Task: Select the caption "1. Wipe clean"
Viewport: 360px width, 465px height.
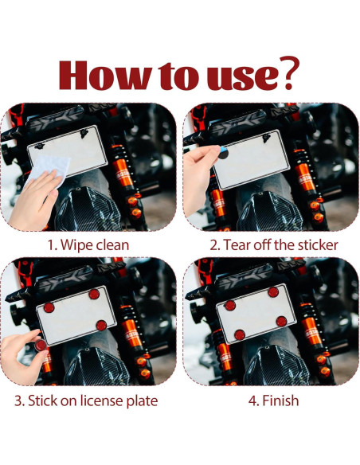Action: click(88, 245)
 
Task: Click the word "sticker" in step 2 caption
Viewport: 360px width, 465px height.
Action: click(318, 245)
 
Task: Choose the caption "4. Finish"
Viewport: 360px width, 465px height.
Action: click(273, 401)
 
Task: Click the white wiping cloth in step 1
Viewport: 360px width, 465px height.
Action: click(50, 167)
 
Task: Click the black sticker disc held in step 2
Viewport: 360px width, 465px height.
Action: click(223, 153)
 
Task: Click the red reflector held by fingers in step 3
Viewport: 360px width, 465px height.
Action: click(41, 345)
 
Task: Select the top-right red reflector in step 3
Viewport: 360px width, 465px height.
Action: click(94, 294)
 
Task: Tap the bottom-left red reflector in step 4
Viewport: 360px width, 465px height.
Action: click(240, 334)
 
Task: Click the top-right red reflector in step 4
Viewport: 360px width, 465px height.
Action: click(273, 292)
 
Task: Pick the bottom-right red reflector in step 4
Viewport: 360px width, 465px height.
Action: click(281, 321)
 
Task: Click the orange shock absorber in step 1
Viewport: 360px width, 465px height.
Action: click(122, 167)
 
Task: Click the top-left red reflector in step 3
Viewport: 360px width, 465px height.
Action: click(49, 307)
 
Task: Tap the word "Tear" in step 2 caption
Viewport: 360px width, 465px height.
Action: click(236, 245)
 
